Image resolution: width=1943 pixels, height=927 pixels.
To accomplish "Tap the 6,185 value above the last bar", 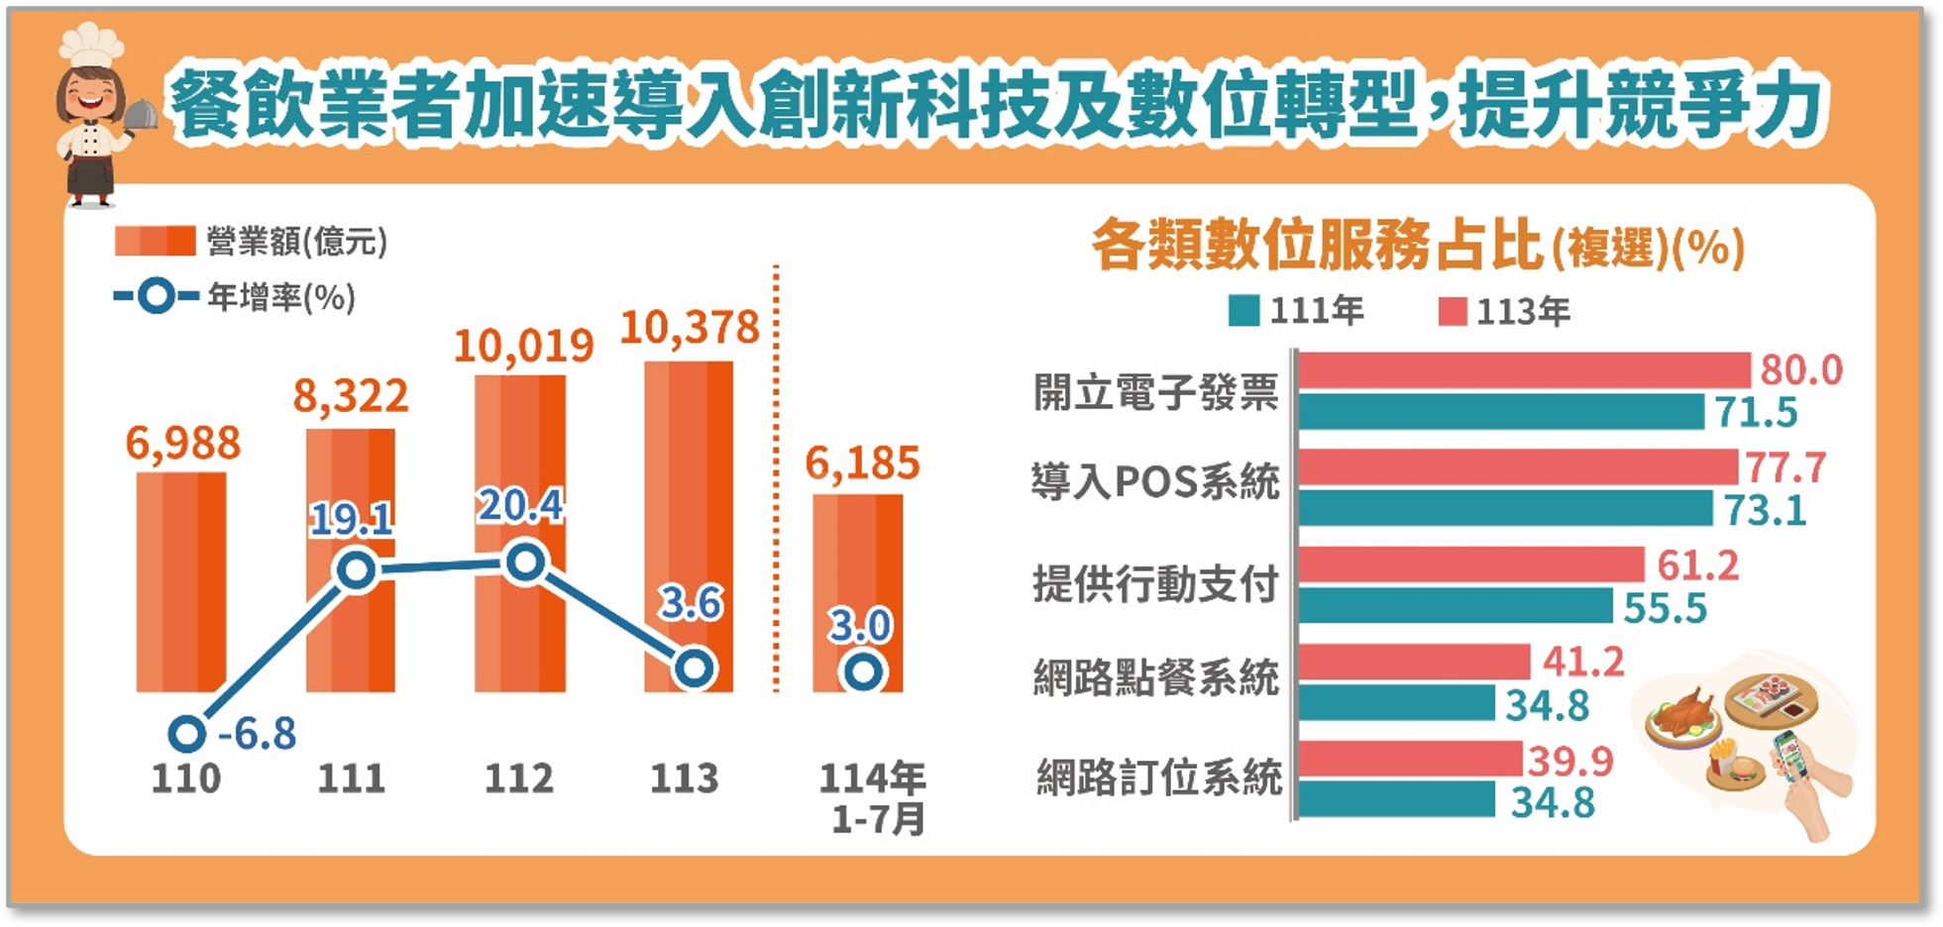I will (x=862, y=463).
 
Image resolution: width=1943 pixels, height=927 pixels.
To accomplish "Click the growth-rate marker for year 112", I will (x=524, y=563).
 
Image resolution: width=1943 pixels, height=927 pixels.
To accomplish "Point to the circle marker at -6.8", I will (x=186, y=735).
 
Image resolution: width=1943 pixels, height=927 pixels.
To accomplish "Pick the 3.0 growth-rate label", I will (x=860, y=626).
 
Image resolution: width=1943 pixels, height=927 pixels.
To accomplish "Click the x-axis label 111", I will (x=351, y=778).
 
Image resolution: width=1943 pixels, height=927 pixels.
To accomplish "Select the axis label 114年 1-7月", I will (x=873, y=798).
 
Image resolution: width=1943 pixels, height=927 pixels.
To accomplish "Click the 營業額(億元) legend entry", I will (x=251, y=241).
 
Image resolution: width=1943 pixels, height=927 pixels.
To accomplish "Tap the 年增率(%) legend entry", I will (x=234, y=296).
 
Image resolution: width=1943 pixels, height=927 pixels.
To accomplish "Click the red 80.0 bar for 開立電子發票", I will (x=1524, y=370).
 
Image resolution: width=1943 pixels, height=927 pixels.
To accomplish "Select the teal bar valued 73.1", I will (x=1505, y=509).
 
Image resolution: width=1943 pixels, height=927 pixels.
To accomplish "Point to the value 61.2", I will (x=1697, y=566).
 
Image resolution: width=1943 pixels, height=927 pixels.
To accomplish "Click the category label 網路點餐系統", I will (x=1156, y=678).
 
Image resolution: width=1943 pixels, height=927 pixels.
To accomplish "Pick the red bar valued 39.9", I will (x=1410, y=760).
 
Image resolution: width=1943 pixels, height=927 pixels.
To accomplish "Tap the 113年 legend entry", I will (x=1504, y=312).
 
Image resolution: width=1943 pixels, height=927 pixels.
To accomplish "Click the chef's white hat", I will (x=91, y=45).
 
